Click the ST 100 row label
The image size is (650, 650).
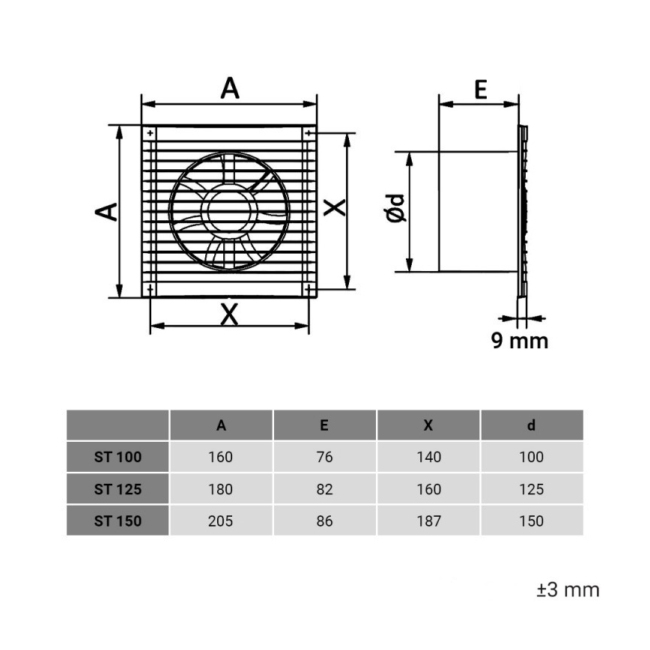[118, 457]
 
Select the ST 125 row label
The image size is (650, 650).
[118, 490]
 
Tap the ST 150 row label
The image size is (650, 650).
[118, 521]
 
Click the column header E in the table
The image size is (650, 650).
[324, 425]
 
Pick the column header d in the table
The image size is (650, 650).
[531, 425]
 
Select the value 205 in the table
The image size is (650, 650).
[221, 521]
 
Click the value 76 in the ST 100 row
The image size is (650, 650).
[324, 457]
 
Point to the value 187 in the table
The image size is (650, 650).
[428, 521]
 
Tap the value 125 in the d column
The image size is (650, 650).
[531, 490]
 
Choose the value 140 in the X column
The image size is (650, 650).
[428, 457]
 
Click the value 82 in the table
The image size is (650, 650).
[324, 490]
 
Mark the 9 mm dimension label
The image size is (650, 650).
[519, 341]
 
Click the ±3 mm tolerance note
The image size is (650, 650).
[568, 589]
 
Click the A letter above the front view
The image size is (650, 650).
[230, 88]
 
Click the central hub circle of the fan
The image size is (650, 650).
[229, 210]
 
